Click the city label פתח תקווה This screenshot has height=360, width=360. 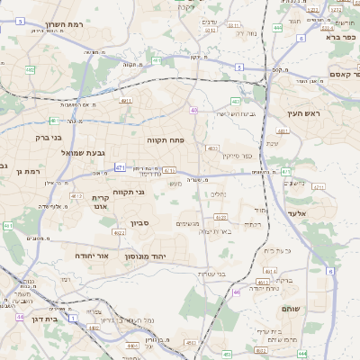166,141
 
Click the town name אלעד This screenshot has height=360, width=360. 297,213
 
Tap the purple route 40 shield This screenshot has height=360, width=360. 193,110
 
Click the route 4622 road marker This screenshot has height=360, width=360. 220,217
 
